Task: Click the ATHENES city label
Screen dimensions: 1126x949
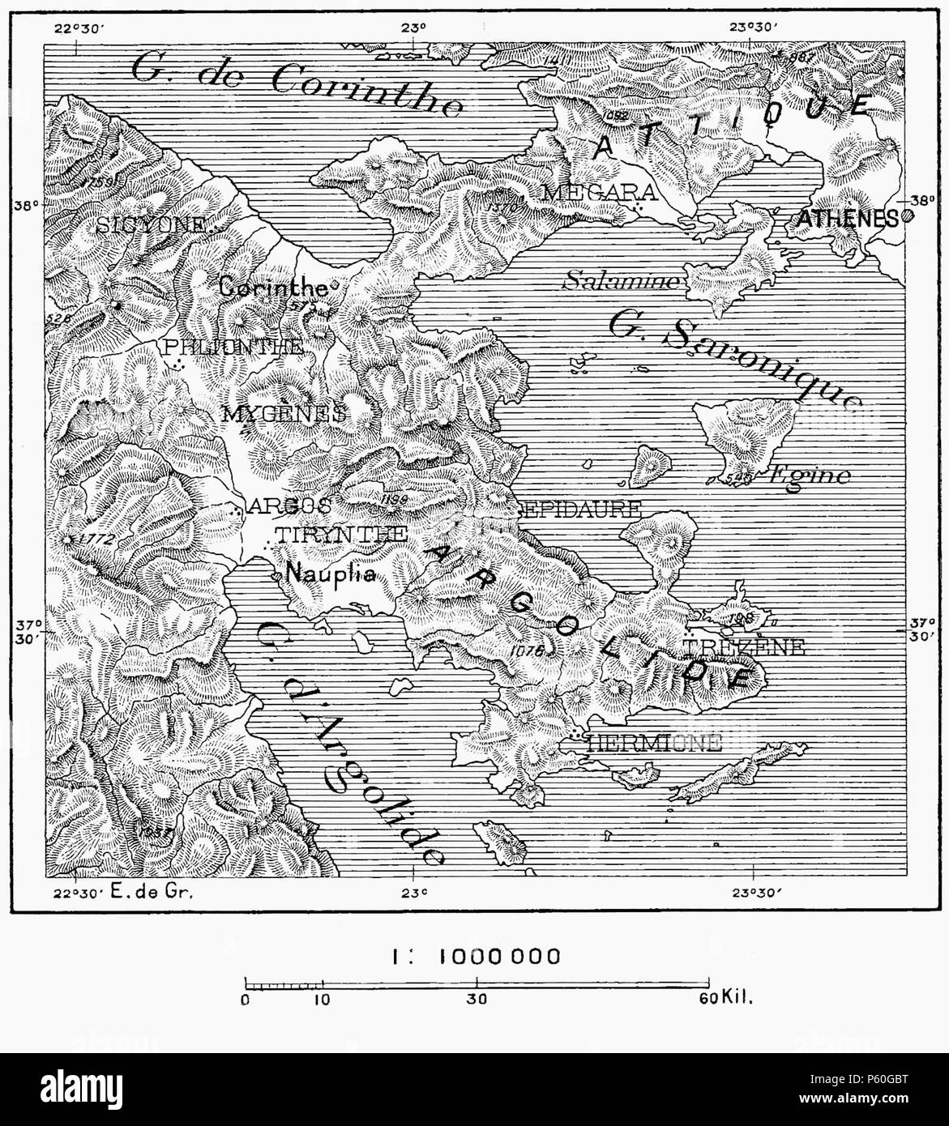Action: click(847, 217)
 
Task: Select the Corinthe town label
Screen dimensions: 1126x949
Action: click(272, 287)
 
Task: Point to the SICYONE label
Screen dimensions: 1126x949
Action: click(151, 226)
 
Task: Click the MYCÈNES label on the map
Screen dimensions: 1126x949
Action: click(284, 412)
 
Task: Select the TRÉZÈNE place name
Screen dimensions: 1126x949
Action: click(744, 646)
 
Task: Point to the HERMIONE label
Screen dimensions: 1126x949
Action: click(652, 743)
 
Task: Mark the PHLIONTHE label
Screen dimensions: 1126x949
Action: click(233, 348)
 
